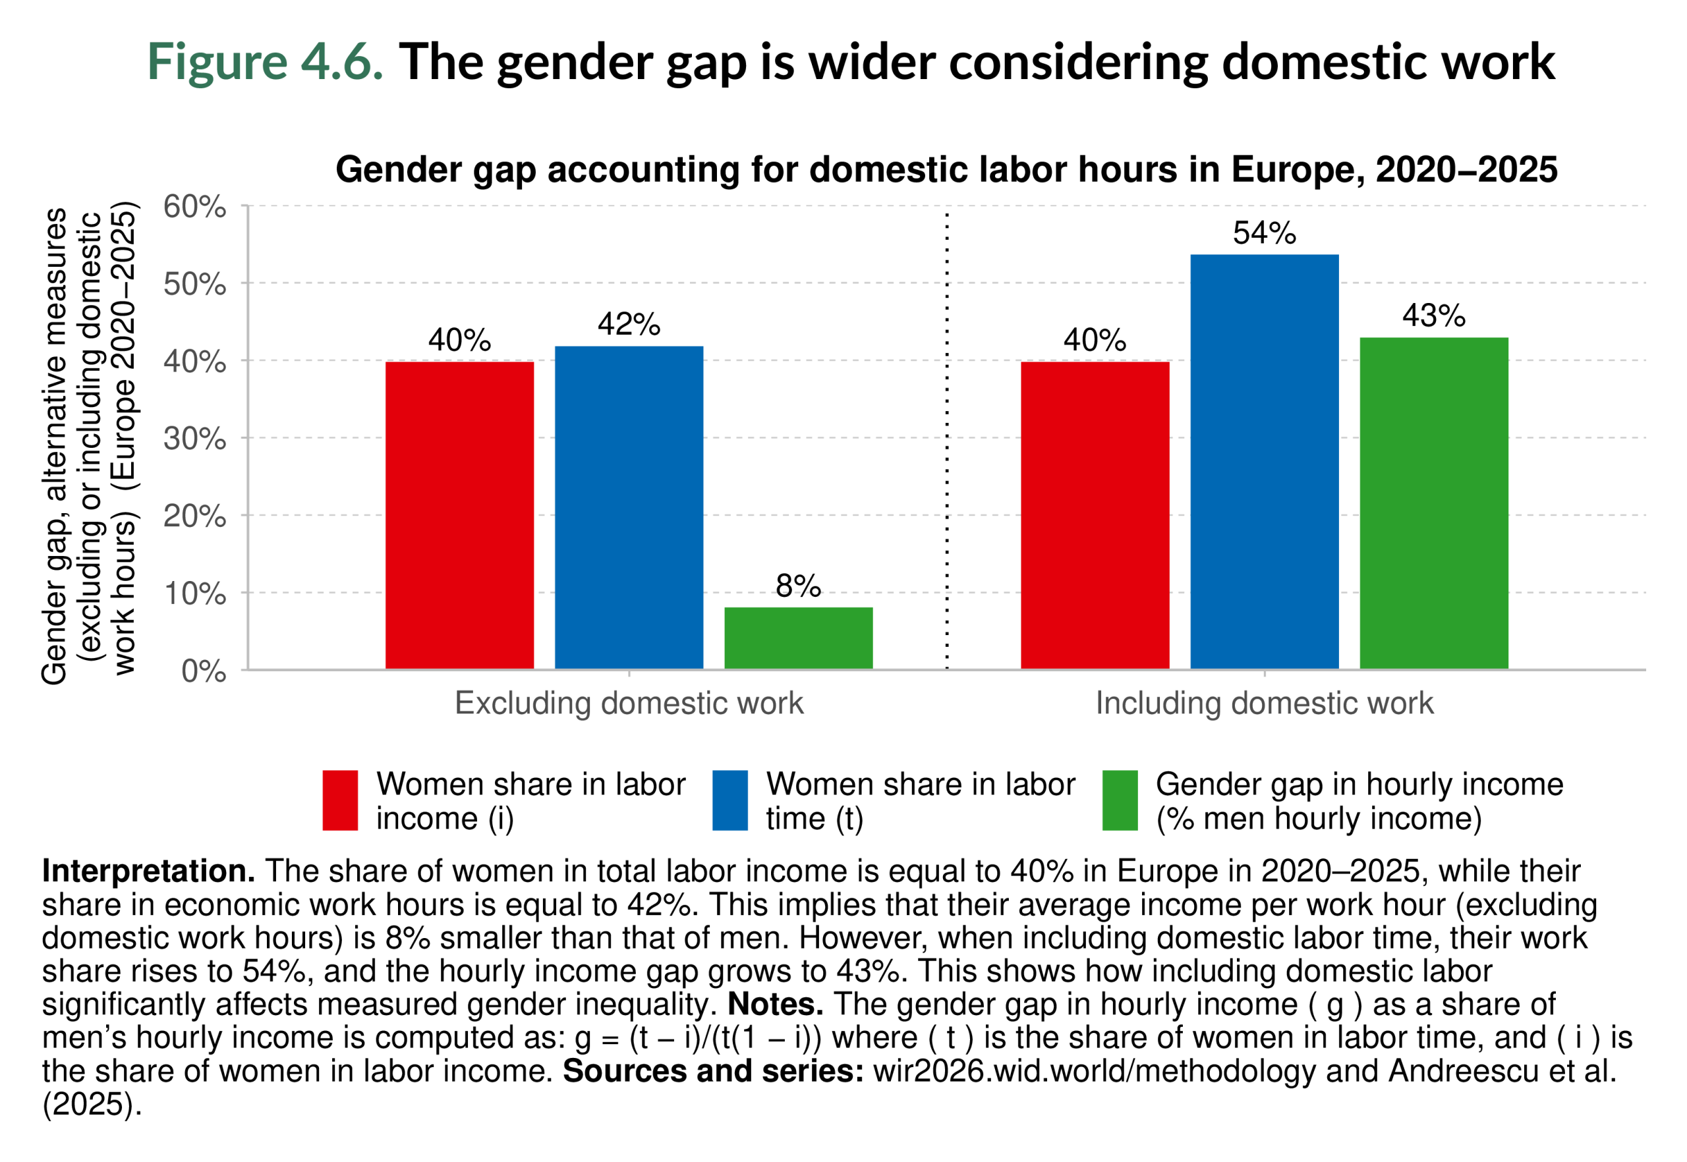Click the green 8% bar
[x=797, y=638]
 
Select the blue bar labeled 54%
[x=1264, y=462]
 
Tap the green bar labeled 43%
[x=1433, y=503]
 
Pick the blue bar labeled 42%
[x=629, y=507]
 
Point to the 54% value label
[x=1264, y=233]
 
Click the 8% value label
[x=797, y=586]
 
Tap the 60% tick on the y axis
[x=194, y=207]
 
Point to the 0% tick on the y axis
[x=203, y=671]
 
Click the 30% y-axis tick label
[x=194, y=439]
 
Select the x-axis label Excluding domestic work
[x=629, y=704]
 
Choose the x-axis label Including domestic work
[x=1264, y=704]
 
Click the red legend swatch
[x=340, y=800]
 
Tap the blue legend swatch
[x=730, y=800]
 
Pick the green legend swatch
[x=1120, y=800]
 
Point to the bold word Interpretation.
[x=148, y=871]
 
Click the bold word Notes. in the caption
[x=775, y=1004]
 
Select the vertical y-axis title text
[x=89, y=444]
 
